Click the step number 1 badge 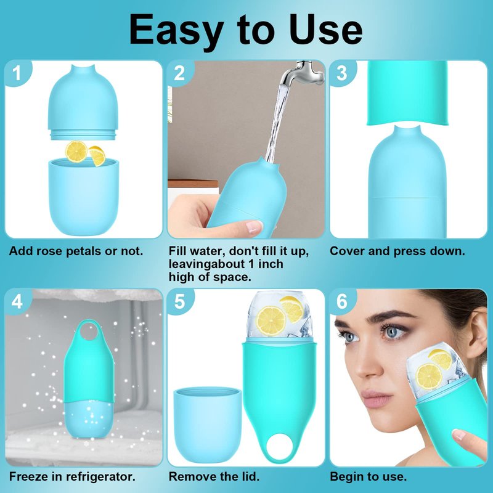pos(17,72)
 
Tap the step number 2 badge pos(179,72)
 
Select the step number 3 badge pos(342,72)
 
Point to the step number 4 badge pos(17,301)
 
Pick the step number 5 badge pos(179,301)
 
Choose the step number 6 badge pos(342,301)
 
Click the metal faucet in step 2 pos(301,73)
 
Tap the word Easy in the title pos(177,30)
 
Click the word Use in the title pos(326,29)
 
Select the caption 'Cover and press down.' pos(397,251)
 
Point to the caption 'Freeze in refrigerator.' pos(72,476)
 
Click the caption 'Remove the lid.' pos(214,476)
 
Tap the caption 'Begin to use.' pos(368,476)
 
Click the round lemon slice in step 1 pos(76,152)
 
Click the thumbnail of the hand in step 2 pos(254,226)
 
